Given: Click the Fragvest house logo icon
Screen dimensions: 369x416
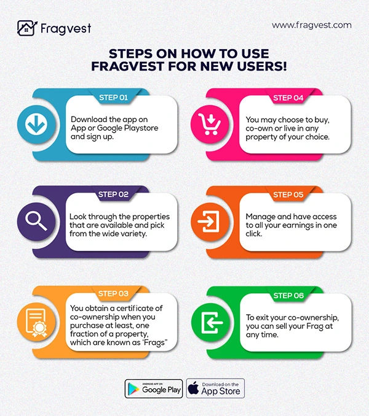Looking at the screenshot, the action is point(27,28).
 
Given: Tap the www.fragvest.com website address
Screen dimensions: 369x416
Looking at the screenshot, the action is point(312,25).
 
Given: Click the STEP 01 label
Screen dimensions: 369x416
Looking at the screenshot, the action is point(114,98).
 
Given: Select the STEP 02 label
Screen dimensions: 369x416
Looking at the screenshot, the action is point(113,195).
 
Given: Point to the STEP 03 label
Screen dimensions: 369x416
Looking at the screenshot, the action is point(113,293).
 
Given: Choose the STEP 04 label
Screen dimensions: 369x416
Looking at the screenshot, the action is point(288,98).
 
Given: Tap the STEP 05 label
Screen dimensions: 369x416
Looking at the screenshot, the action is point(288,195).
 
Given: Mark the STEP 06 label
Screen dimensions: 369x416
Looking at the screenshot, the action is point(288,296).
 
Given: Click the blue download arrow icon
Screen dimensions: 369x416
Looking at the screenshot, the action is point(36,124).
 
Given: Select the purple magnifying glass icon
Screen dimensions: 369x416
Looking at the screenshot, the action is point(36,221).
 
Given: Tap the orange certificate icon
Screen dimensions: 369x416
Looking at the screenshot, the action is point(36,323).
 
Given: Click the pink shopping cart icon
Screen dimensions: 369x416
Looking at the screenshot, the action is point(210,124).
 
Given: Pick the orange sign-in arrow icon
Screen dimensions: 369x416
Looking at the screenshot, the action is point(208,221).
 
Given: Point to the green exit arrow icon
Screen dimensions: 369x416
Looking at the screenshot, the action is point(212,323).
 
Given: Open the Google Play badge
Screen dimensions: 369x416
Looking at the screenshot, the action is point(154,388).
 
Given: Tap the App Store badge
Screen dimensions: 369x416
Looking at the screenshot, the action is point(215,388).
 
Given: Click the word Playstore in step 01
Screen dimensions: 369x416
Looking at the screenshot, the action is point(141,128).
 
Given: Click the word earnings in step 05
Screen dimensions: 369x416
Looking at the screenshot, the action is point(298,225).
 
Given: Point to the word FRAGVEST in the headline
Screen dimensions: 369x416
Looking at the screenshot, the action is point(127,66).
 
